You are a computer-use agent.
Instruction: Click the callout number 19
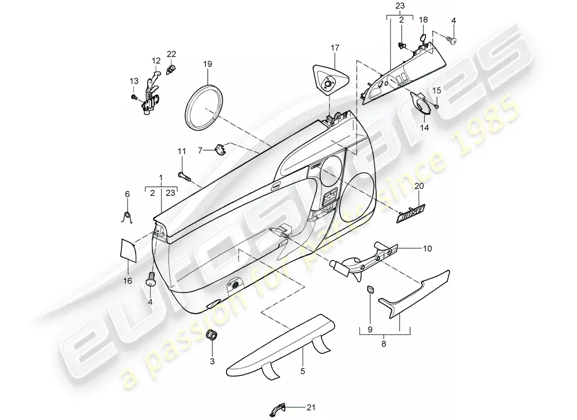pyautogui.click(x=208, y=64)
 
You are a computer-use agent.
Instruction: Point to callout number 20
pyautogui.click(x=419, y=186)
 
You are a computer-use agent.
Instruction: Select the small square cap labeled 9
pyautogui.click(x=369, y=290)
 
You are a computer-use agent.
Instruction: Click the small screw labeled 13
pyautogui.click(x=135, y=97)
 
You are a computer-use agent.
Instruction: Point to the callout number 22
pyautogui.click(x=171, y=54)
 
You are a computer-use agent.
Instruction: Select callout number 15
pyautogui.click(x=436, y=91)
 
